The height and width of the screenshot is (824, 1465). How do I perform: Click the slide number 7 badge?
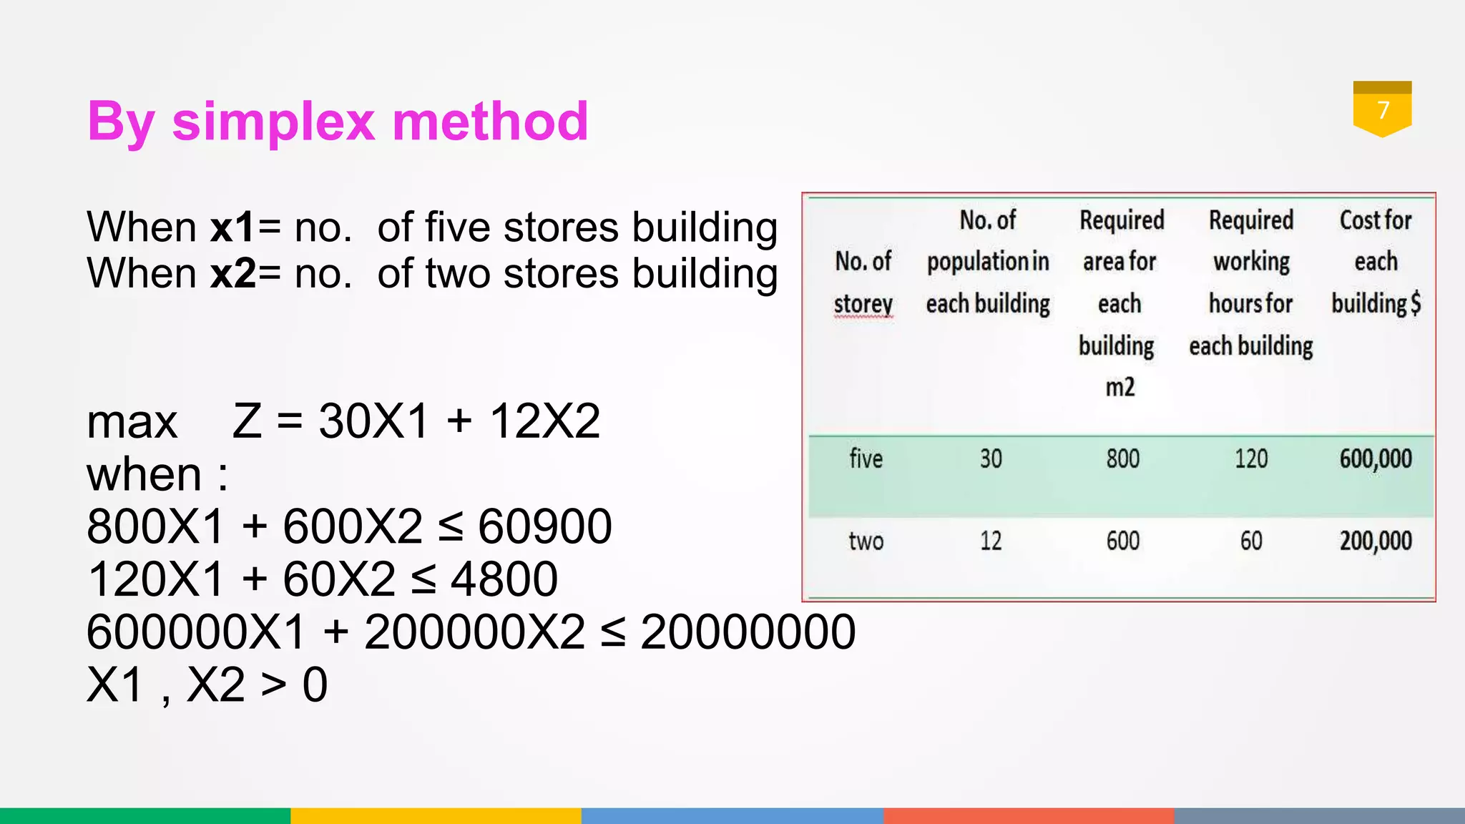[x=1382, y=109]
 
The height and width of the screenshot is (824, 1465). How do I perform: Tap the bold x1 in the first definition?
[x=232, y=227]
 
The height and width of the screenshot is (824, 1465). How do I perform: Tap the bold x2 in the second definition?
[x=233, y=274]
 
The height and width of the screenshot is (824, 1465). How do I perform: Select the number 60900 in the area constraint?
[x=544, y=527]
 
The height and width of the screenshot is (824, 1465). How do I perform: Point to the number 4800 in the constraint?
[x=504, y=579]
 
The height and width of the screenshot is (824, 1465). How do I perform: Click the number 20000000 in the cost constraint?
[x=748, y=632]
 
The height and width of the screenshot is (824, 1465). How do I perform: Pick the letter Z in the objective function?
[x=247, y=421]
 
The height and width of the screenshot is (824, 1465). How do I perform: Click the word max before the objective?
[x=132, y=422]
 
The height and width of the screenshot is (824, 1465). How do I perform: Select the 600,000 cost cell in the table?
[x=1375, y=458]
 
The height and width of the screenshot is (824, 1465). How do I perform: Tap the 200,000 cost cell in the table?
[x=1375, y=541]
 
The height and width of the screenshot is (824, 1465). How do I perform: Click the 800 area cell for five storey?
[x=1122, y=458]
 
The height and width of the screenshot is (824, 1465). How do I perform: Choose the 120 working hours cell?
[x=1251, y=458]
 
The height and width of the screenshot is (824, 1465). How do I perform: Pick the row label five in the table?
[x=866, y=458]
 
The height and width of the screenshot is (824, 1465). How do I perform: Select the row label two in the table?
[x=866, y=541]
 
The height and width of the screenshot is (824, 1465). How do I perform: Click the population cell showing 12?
[x=991, y=541]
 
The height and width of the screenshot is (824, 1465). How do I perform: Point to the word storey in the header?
[x=863, y=304]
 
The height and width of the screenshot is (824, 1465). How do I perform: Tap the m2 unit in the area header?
[x=1119, y=388]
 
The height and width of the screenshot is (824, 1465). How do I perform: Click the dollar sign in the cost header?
[x=1415, y=303]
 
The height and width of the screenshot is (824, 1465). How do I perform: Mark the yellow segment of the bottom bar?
[x=436, y=815]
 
